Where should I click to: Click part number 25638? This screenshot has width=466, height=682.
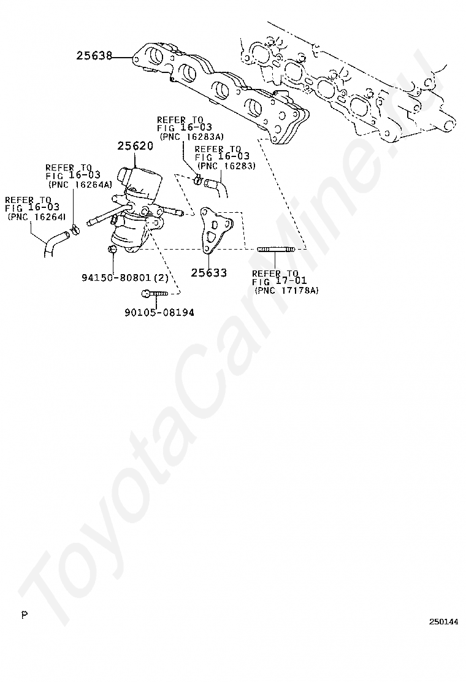click(94, 56)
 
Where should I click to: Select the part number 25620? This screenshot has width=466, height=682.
click(135, 146)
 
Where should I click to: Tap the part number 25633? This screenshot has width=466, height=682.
click(208, 273)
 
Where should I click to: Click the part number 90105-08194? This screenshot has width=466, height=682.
click(159, 312)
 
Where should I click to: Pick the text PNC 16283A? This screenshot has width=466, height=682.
click(192, 136)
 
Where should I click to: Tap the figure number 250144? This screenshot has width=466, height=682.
click(443, 621)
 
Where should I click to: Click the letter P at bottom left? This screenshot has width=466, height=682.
click(25, 615)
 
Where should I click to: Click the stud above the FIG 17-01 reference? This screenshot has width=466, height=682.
click(276, 249)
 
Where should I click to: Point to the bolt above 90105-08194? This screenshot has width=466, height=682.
click(155, 294)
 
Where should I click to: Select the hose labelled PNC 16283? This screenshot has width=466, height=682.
click(216, 187)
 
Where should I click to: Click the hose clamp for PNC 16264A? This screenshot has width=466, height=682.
click(75, 229)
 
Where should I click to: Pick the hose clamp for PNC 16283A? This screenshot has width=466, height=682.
click(198, 179)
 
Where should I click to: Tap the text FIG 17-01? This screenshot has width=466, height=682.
click(279, 282)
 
